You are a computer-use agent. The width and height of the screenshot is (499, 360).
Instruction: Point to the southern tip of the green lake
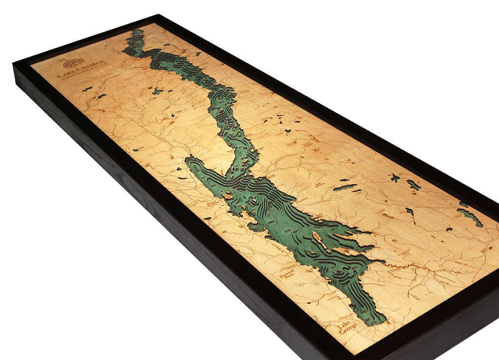pos(375,323)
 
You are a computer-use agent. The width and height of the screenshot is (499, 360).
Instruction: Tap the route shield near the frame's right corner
pos(482,250)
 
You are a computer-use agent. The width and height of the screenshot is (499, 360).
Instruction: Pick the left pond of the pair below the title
pos(87,89)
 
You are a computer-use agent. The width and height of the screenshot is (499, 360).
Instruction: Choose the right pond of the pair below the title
pos(101,96)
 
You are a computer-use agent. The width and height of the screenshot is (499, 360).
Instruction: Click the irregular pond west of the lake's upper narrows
pos(157,91)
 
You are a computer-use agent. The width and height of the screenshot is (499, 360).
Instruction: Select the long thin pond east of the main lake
pos(345,187)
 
